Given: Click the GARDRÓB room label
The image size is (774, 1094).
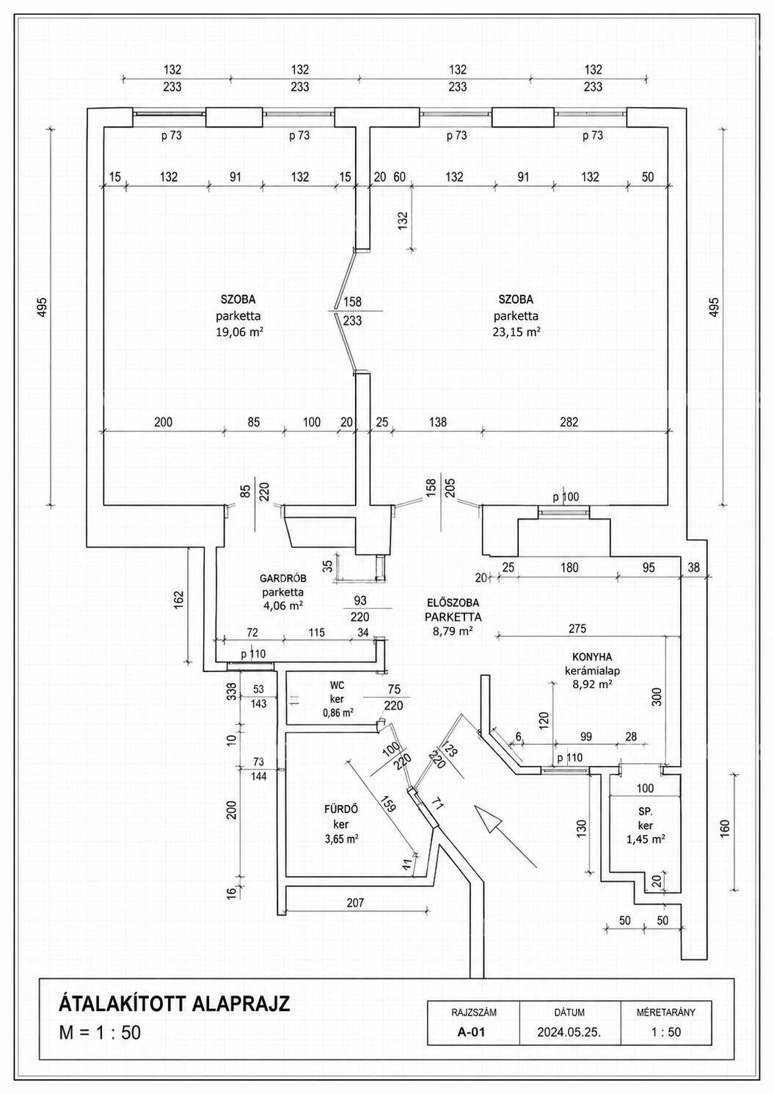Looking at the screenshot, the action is click(x=282, y=578).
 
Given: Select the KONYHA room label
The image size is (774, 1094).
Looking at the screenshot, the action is click(x=592, y=657).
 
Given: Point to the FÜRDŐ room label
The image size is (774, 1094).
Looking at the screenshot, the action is click(x=341, y=809).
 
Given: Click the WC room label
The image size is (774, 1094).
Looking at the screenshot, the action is click(x=337, y=685).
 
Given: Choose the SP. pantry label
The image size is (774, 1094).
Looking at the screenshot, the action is click(x=646, y=812).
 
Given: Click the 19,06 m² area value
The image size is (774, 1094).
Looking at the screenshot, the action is click(x=239, y=332).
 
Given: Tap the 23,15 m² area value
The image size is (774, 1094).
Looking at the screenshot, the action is click(x=516, y=332).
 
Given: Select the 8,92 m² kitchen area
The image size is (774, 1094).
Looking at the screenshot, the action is click(x=592, y=684).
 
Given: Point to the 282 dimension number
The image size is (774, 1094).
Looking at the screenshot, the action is click(x=569, y=421).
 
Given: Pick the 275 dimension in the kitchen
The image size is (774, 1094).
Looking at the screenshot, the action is click(x=577, y=628).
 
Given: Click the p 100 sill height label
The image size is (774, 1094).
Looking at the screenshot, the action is click(x=566, y=497).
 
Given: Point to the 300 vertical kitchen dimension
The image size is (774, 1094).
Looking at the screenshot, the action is click(x=657, y=697).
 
